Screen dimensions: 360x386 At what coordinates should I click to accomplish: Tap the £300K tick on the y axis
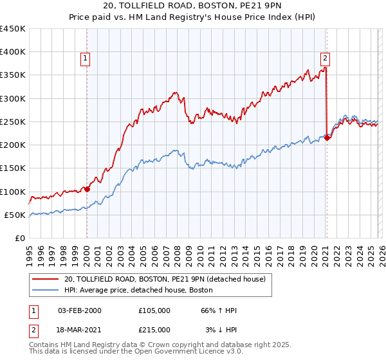coord(13,99)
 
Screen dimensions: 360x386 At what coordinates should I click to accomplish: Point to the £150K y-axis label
coord(13,168)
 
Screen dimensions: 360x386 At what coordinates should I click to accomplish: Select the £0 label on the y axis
coord(19,239)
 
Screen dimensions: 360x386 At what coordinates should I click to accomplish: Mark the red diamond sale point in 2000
coord(87,190)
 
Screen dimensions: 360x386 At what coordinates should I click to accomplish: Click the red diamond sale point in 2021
coord(327,138)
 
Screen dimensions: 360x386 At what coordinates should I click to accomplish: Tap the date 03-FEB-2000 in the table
coord(79,310)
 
